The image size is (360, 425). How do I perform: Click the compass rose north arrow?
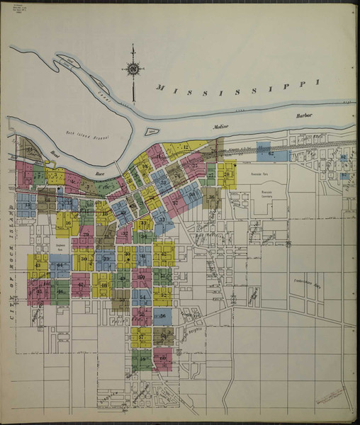[133, 68]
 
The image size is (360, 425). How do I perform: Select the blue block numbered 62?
[271, 153]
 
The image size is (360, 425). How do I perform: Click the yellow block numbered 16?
[68, 224]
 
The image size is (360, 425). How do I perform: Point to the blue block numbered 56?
[162, 316]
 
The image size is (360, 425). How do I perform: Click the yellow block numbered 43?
[38, 266]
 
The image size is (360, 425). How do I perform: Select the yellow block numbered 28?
[226, 174]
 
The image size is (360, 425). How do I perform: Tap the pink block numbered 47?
[81, 285]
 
